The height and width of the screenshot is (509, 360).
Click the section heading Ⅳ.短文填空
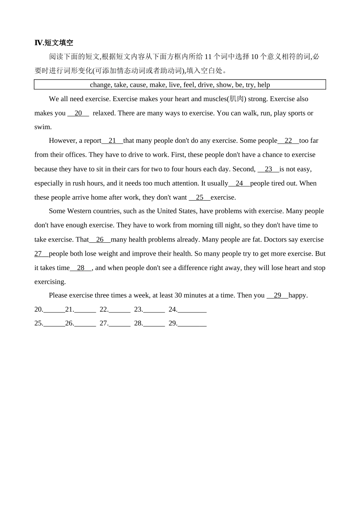click(54, 43)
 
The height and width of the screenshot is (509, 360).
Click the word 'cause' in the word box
click(138, 85)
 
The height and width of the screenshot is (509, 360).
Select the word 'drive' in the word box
click(205, 85)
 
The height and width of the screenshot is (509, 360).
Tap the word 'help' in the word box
click(263, 85)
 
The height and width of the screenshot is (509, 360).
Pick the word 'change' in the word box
click(100, 85)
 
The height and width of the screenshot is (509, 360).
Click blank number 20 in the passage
click(78, 113)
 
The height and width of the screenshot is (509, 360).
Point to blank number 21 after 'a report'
click(112, 141)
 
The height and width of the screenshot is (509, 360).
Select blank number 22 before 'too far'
click(288, 141)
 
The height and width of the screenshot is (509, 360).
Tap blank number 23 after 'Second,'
click(268, 169)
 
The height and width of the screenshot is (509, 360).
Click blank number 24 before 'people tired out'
click(239, 183)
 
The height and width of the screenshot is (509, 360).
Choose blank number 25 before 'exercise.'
click(199, 197)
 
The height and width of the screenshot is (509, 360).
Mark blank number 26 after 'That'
click(100, 239)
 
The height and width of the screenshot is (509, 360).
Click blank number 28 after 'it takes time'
click(81, 268)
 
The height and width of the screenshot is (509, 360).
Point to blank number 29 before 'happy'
click(277, 295)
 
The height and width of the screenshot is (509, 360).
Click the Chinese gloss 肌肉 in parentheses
click(236, 99)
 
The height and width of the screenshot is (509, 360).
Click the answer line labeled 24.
click(192, 310)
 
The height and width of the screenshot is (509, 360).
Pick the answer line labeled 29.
click(192, 323)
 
